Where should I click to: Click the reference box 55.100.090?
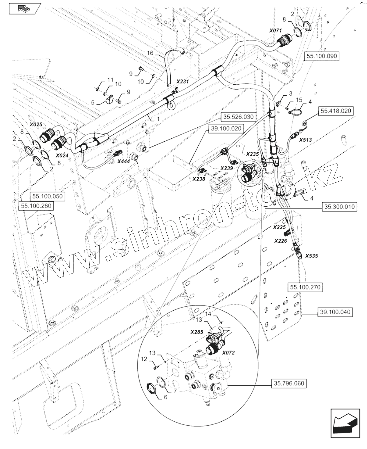pos(322,56)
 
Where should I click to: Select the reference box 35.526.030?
pos(238,117)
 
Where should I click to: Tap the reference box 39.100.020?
pos(226,128)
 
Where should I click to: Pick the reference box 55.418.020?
pos(336,111)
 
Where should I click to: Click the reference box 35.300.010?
pos(339,207)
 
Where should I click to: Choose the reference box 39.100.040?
pos(335,312)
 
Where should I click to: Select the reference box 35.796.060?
pos(289,383)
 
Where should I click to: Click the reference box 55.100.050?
pos(47,196)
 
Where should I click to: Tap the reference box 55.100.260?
pos(36,206)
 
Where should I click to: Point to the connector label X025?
pos(36,125)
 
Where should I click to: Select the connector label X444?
pos(123,161)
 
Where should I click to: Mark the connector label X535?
pos(311,256)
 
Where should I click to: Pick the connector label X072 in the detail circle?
pos(228,353)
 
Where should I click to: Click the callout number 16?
pos(150,53)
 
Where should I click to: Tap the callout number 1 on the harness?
pos(158,118)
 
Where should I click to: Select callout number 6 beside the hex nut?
pos(165,397)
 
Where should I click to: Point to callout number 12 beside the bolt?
pos(144,359)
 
